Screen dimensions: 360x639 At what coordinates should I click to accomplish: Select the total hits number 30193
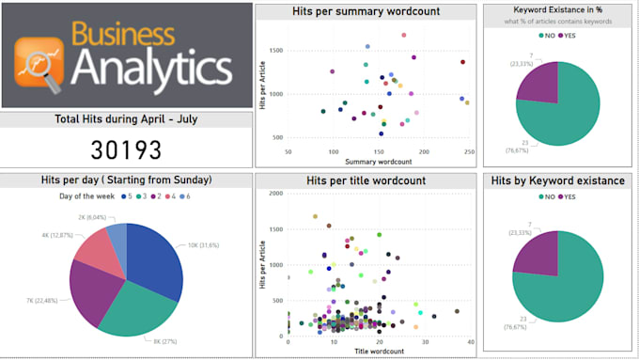[x=126, y=149]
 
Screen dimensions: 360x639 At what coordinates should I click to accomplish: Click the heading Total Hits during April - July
[x=126, y=119]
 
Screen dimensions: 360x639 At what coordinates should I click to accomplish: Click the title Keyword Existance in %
[x=558, y=10]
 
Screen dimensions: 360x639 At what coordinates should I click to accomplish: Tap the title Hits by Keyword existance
[x=558, y=180]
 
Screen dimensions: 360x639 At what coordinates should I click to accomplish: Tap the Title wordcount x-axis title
[x=378, y=351]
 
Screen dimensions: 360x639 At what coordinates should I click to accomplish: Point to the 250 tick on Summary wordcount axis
[x=467, y=151]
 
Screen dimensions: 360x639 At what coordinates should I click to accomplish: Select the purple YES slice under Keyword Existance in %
[x=539, y=86]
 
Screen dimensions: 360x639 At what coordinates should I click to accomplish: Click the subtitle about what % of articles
[x=558, y=22]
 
